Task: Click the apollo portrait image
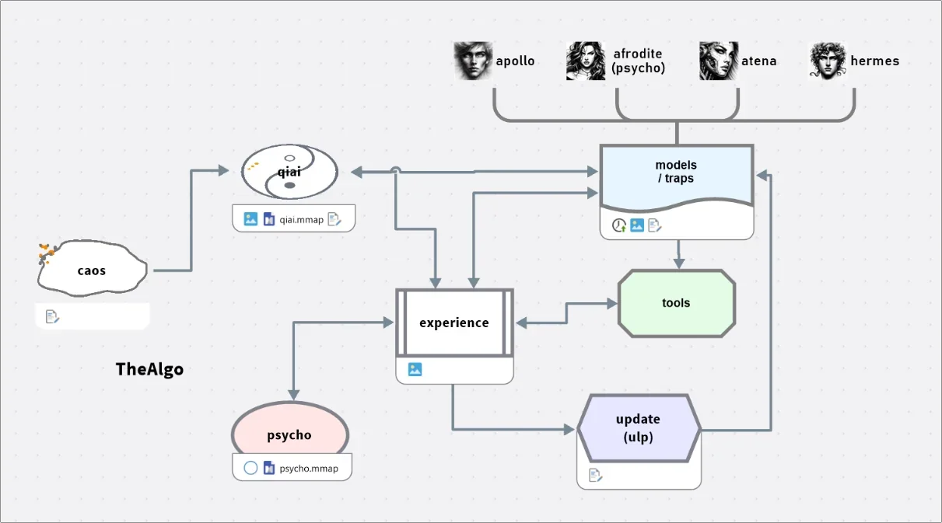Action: tap(473, 61)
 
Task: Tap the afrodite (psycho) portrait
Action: tap(586, 61)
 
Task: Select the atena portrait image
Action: tap(719, 61)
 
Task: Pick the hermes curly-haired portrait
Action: tap(828, 61)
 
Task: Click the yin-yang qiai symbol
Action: tap(289, 172)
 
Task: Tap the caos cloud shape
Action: tap(92, 268)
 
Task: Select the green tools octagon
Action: tap(676, 303)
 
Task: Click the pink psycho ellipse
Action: tap(290, 428)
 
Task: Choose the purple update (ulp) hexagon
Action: tap(639, 428)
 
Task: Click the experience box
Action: tap(454, 323)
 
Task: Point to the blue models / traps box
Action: tap(677, 177)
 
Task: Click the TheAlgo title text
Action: tap(149, 369)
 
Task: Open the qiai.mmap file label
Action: tap(302, 220)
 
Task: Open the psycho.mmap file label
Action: tap(309, 469)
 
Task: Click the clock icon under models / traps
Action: tap(619, 225)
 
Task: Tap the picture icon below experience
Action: tap(415, 369)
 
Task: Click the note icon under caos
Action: tap(52, 317)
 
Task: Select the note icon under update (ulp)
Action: tap(596, 475)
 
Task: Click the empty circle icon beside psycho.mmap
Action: tap(250, 468)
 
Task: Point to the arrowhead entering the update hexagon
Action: tap(569, 429)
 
